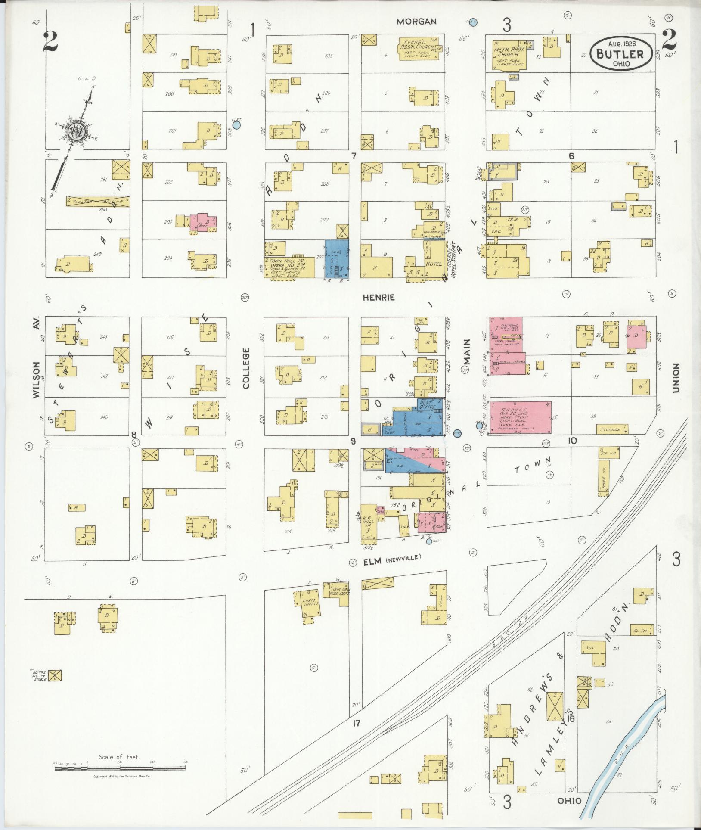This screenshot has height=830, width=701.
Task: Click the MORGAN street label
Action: (416, 22)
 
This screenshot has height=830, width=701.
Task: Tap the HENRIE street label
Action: (378, 298)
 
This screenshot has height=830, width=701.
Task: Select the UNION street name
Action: (675, 378)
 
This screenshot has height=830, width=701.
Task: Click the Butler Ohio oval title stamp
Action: (620, 53)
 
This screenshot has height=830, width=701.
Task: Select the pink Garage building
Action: (521, 417)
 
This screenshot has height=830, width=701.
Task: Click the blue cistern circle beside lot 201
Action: (236, 125)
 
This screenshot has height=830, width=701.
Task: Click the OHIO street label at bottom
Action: (569, 801)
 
